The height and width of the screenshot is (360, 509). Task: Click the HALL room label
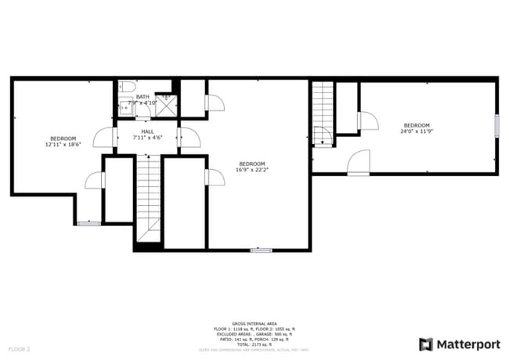[x=147, y=131]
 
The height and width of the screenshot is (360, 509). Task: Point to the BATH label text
[x=142, y=96]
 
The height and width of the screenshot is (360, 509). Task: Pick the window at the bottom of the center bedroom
[x=261, y=250]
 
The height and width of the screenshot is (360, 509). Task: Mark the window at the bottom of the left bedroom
[x=89, y=224]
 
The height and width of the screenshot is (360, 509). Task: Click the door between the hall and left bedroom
[x=105, y=137]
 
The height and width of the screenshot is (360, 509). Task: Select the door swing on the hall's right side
[x=189, y=137]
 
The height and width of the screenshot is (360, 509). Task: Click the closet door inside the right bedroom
[x=367, y=121]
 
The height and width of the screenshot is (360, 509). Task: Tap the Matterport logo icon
[x=426, y=344]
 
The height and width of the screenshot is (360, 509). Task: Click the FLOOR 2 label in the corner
[x=19, y=348]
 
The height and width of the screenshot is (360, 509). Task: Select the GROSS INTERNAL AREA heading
[x=254, y=322]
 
